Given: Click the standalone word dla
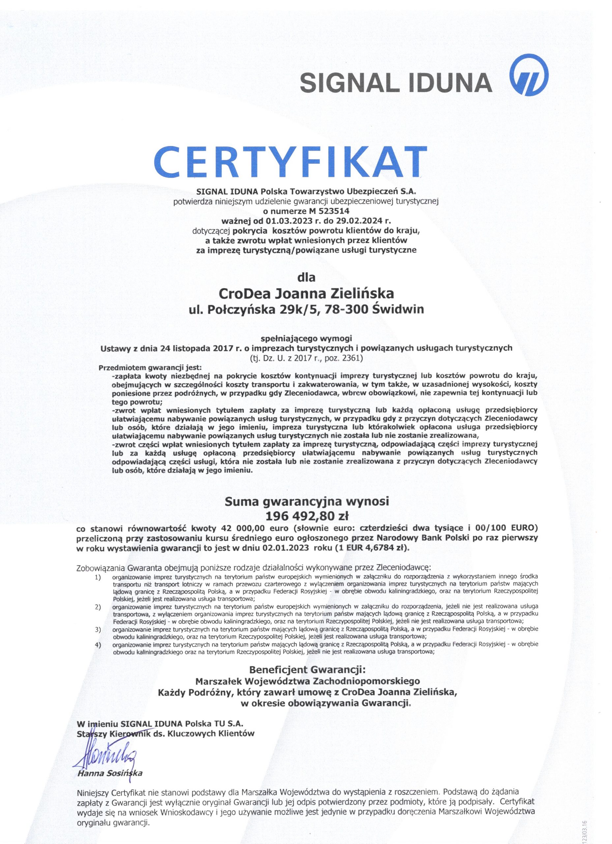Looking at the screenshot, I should (306, 277).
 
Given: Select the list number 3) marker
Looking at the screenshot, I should (98, 629).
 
